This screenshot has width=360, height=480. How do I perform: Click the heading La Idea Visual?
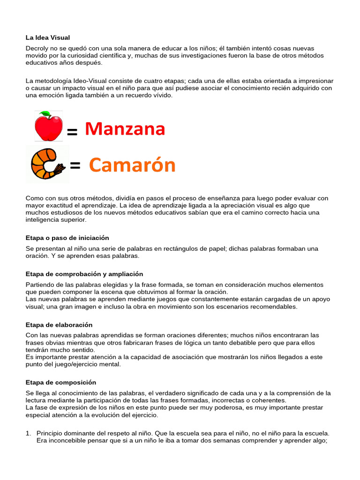tap(47, 37)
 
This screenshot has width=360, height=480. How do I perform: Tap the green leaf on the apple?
tap(46, 114)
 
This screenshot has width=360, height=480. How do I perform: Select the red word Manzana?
tap(125, 129)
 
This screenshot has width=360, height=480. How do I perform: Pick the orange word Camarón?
tap(132, 165)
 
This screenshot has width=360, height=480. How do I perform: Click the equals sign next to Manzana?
tap(72, 133)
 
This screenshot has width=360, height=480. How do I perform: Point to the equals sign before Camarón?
tap(75, 165)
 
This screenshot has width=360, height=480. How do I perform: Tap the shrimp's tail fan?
tap(60, 169)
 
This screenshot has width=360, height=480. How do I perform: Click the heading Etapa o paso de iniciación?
tap(67, 238)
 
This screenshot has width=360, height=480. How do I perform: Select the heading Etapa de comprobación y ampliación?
tap(84, 274)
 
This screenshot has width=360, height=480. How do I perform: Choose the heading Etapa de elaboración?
tap(59, 324)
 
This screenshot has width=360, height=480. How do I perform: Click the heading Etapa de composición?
tap(60, 382)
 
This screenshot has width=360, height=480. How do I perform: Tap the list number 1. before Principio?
tap(28, 434)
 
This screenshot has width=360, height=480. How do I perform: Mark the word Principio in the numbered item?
tap(51, 434)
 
